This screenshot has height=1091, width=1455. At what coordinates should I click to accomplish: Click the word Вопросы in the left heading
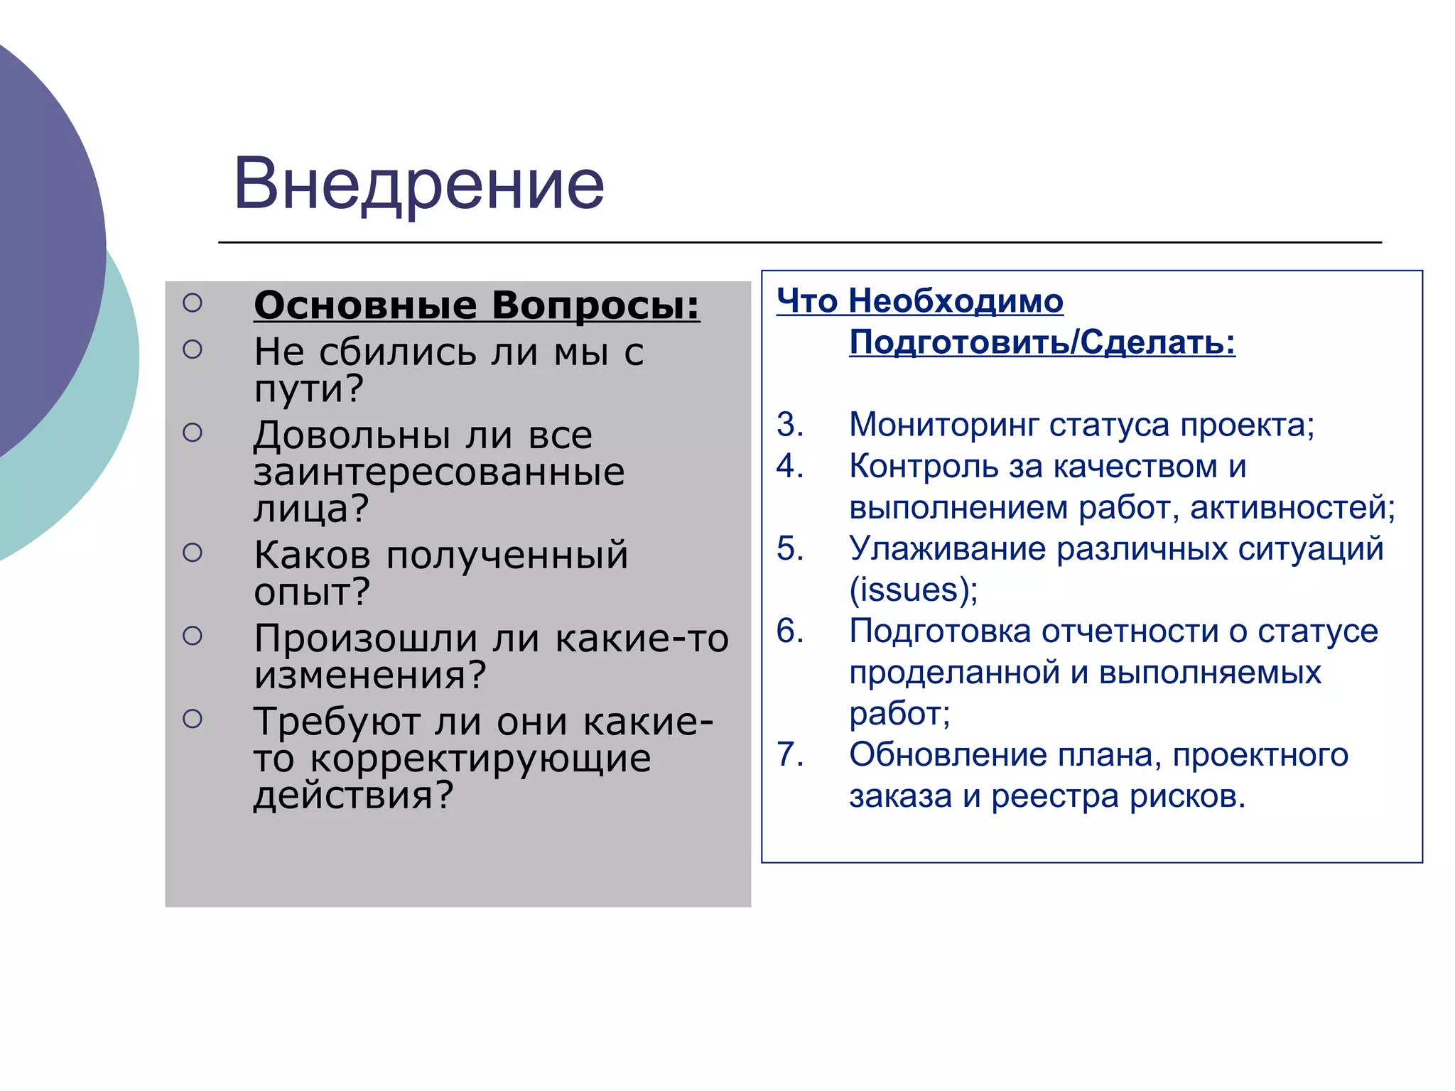(595, 305)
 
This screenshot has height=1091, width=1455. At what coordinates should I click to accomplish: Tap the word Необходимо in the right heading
(956, 301)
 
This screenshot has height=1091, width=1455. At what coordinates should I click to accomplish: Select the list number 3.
(789, 425)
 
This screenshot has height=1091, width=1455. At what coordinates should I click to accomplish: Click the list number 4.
(789, 466)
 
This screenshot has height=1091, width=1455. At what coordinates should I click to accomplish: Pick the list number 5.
(789, 548)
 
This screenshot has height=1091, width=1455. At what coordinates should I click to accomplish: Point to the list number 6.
(789, 631)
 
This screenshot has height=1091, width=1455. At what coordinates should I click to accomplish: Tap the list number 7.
(789, 754)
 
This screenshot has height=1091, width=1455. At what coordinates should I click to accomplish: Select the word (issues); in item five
(914, 590)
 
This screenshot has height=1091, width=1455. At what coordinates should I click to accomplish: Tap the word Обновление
(948, 754)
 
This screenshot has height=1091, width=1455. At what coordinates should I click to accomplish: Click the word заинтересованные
(439, 472)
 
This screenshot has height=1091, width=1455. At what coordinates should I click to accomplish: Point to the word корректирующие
(480, 759)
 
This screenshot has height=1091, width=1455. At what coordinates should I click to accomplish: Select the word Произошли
(365, 639)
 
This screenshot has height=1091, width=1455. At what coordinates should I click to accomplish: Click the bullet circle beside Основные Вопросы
(193, 303)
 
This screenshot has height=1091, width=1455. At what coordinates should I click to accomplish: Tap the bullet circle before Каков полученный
(193, 553)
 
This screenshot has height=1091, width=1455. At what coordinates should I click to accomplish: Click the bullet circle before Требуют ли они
(193, 720)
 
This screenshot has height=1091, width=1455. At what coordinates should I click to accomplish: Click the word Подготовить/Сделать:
(1042, 342)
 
